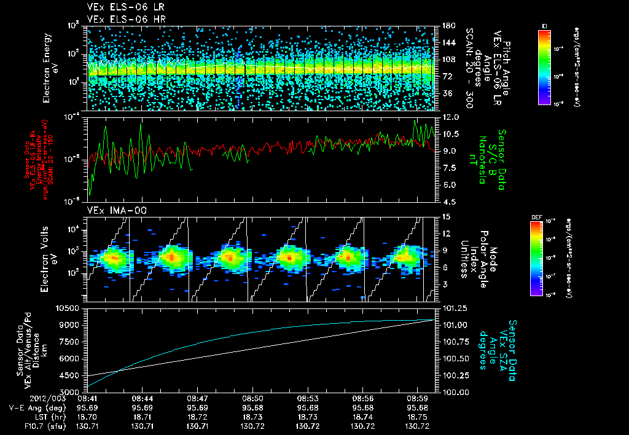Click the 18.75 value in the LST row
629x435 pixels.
[x=418, y=417]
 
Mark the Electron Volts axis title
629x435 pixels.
[x=50, y=258]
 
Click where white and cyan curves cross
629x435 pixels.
[x=118, y=369]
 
